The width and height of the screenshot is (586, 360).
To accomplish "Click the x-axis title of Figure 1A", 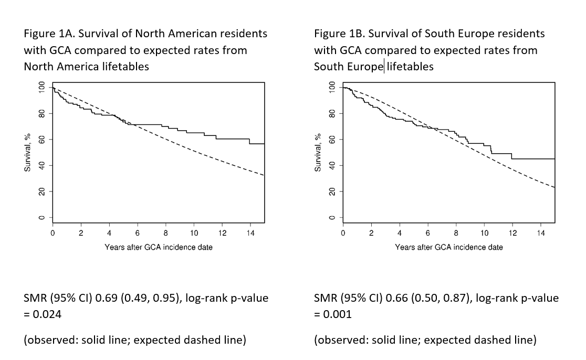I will pyautogui.click(x=159, y=247).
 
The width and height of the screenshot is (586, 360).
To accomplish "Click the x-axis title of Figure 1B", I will pyautogui.click(x=449, y=247).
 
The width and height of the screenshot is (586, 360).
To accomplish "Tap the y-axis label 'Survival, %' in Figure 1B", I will pyautogui.click(x=318, y=152).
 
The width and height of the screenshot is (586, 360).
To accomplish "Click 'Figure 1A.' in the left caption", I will pyautogui.click(x=49, y=34).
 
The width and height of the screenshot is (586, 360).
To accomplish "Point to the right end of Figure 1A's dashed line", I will pyautogui.click(x=264, y=175).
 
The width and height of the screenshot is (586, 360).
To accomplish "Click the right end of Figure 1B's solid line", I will pyautogui.click(x=554, y=158).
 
